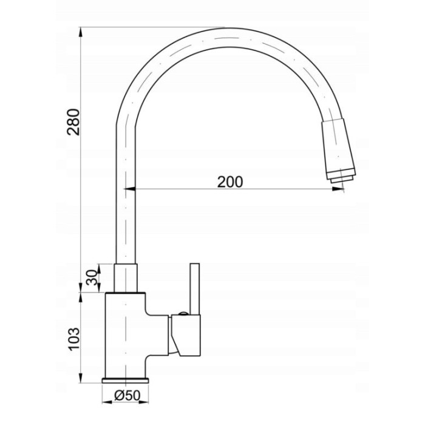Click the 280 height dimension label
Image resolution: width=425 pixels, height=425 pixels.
coord(73,122)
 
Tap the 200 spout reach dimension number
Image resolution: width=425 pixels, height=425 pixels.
coord(230,182)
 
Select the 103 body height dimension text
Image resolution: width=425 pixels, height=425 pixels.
coord(73,339)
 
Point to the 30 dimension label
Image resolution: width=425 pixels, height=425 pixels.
coord(91,277)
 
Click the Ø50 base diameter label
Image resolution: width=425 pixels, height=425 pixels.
coord(127,395)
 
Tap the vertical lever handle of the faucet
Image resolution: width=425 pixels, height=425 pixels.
coord(195,289)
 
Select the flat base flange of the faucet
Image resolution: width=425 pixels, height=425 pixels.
coord(125,380)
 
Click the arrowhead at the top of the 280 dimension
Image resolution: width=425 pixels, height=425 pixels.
coord(81,33)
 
